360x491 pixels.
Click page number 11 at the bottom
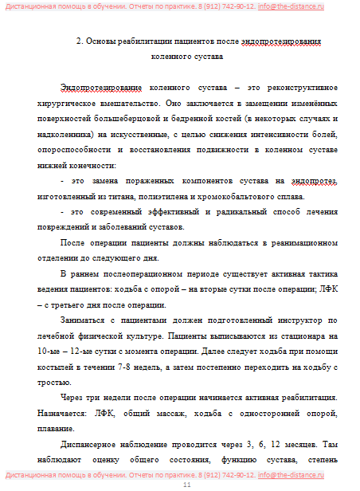click(187, 485)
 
